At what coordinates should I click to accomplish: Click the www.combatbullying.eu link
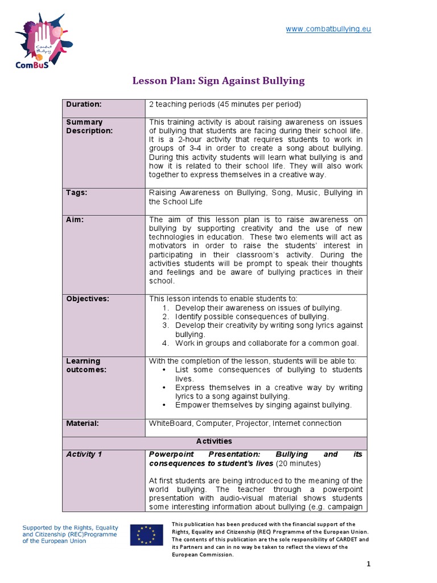(328, 29)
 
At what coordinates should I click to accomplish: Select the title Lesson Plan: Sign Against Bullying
(218, 80)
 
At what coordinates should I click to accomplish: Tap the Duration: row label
(84, 104)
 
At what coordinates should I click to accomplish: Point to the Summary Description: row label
(89, 126)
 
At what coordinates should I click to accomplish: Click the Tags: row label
(77, 192)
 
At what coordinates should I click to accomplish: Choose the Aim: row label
(75, 219)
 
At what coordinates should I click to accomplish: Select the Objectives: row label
(88, 298)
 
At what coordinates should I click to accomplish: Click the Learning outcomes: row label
(83, 365)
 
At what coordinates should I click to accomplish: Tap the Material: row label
(83, 423)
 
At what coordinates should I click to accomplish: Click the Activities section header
(214, 441)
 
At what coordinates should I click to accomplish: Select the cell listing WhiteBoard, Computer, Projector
(245, 423)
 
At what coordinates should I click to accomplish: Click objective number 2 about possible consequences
(252, 316)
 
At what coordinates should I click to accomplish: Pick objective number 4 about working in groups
(266, 343)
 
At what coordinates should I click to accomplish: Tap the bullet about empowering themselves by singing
(263, 405)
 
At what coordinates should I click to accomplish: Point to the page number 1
(368, 564)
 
